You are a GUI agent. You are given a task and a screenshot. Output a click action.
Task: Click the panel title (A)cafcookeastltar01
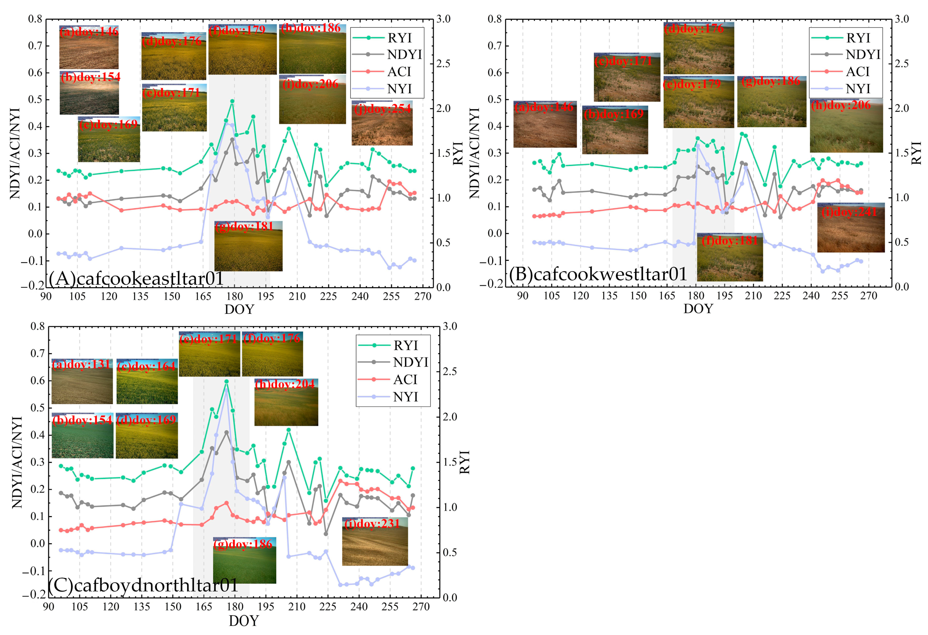(136, 278)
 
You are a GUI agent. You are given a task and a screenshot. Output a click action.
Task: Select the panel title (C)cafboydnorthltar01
(143, 585)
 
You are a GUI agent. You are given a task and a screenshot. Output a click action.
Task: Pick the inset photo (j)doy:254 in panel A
(382, 123)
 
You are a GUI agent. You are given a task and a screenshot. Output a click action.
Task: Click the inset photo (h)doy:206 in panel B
(846, 126)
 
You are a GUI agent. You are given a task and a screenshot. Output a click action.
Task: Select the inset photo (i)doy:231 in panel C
(375, 542)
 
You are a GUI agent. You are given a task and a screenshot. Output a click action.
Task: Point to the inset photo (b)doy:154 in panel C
(82, 436)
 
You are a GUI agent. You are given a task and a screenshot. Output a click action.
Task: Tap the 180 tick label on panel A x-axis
(234, 296)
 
